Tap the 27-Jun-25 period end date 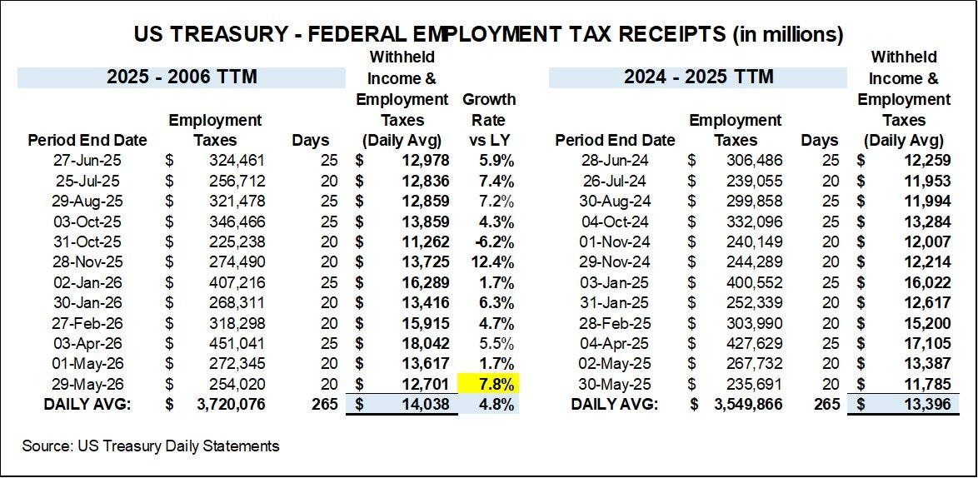(x=87, y=162)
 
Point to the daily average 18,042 (x=424, y=343)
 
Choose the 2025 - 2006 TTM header (x=182, y=77)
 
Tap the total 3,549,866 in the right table (x=747, y=405)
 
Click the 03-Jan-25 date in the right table (x=615, y=283)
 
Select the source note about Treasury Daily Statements (x=150, y=446)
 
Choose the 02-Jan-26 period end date (x=87, y=283)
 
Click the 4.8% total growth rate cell (x=496, y=405)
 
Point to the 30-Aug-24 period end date (x=615, y=202)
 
